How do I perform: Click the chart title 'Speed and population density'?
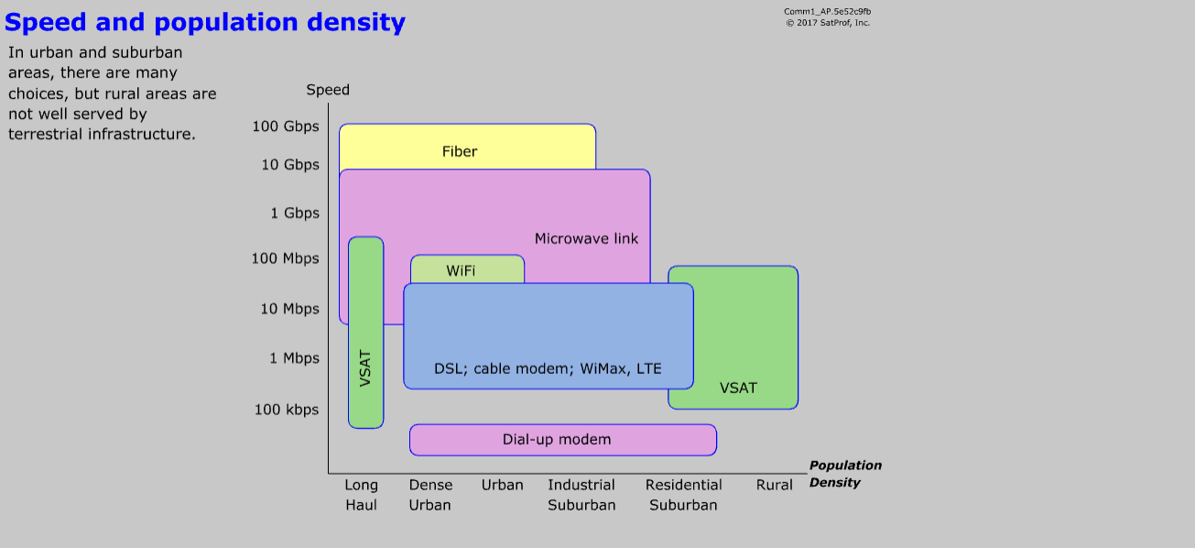click(205, 22)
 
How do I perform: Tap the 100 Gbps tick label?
click(286, 126)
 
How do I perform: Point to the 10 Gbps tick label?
click(290, 165)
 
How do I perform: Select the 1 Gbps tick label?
click(295, 214)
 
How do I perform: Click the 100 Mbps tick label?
click(286, 258)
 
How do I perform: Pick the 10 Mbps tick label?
click(290, 309)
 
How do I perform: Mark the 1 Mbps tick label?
click(295, 358)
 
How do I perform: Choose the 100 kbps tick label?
click(287, 410)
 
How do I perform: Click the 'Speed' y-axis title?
click(328, 90)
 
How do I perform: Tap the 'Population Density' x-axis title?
click(845, 474)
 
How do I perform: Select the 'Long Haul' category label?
click(361, 495)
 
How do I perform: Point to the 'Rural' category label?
click(775, 486)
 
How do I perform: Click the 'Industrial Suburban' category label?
click(581, 495)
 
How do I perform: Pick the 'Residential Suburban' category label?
click(683, 495)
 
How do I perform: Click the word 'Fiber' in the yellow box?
click(460, 152)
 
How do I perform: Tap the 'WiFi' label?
click(461, 271)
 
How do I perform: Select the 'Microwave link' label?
click(586, 239)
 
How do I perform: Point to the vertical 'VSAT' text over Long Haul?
click(366, 367)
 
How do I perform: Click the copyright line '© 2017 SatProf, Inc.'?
click(828, 23)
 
